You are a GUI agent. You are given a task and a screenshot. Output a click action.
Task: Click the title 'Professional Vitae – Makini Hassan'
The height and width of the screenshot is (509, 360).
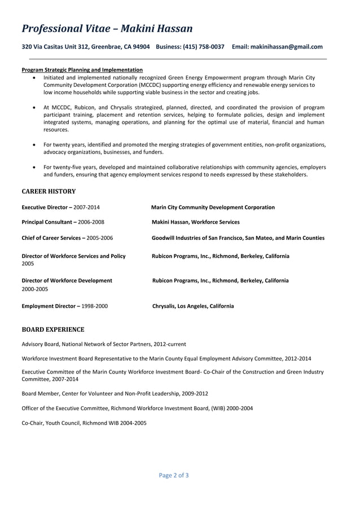(x=107, y=28)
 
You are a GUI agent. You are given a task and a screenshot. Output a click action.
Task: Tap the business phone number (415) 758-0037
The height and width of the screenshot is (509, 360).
(x=203, y=47)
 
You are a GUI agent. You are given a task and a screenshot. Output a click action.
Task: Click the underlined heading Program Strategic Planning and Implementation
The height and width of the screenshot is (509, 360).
(x=82, y=69)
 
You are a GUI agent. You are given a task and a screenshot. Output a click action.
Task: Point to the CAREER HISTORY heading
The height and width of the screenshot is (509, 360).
(x=49, y=191)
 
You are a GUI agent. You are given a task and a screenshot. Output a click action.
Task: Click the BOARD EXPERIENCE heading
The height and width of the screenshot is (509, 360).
(x=53, y=329)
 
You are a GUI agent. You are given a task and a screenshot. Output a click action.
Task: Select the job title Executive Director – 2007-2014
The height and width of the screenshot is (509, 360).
(x=60, y=207)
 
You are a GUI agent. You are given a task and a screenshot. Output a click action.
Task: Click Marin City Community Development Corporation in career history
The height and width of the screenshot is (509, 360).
(x=213, y=207)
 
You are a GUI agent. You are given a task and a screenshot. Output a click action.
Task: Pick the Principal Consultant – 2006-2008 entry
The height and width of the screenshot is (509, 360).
(x=63, y=222)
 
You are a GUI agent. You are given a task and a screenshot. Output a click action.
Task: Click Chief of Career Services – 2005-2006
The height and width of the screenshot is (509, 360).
(x=67, y=238)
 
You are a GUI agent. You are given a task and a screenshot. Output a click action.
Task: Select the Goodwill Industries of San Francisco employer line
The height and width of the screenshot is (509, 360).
(x=238, y=238)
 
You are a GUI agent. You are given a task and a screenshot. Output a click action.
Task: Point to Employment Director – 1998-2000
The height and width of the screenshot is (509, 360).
(x=64, y=306)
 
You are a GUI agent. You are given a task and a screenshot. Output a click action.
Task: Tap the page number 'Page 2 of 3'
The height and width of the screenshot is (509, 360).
(x=174, y=475)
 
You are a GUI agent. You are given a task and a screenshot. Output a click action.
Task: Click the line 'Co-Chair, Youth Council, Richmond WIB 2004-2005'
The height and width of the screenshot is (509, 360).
(x=84, y=422)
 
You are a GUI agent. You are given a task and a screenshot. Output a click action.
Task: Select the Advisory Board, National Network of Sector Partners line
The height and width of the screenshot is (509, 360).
(x=104, y=344)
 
